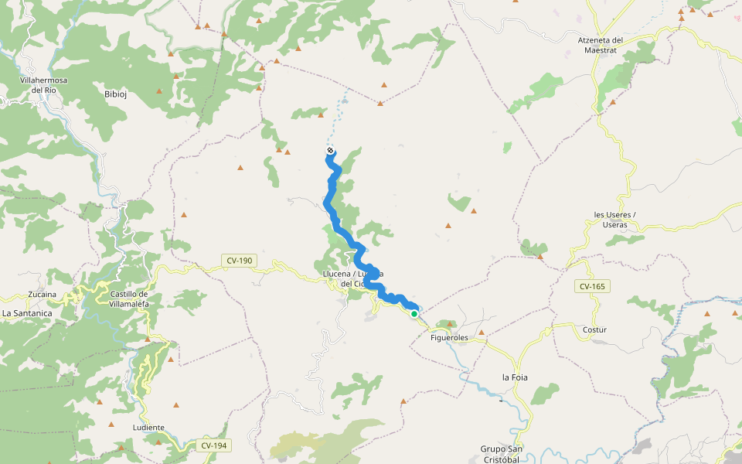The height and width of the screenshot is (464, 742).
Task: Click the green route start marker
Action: click(x=414, y=313)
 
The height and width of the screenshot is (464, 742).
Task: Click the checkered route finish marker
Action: click(x=330, y=150)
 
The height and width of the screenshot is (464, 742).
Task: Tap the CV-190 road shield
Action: click(x=240, y=261)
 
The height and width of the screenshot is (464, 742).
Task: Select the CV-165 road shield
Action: click(x=593, y=286)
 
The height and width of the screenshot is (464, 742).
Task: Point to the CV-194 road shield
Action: click(x=213, y=445)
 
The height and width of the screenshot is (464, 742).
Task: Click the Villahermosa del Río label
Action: click(x=44, y=84)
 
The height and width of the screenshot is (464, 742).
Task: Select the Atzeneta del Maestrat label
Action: click(x=601, y=45)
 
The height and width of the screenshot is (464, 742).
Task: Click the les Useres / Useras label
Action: click(x=614, y=219)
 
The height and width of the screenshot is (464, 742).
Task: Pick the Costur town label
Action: click(x=594, y=329)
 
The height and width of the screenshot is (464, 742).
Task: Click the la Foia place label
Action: click(x=515, y=377)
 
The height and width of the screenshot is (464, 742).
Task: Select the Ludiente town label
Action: click(x=148, y=427)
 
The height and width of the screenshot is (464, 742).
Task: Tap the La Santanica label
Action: click(x=27, y=313)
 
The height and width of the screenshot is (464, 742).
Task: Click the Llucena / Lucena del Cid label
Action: click(x=353, y=279)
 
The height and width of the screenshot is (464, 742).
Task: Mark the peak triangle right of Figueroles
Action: click(x=482, y=333)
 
